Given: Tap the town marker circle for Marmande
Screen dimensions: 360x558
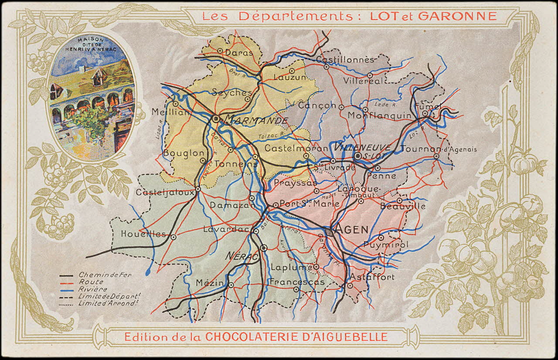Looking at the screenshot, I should coord(216,118).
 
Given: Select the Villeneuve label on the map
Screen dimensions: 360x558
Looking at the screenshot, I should coord(356,147).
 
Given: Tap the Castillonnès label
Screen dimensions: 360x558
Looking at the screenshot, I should coord(345,59).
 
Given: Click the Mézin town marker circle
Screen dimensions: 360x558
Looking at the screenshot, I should coord(231,285).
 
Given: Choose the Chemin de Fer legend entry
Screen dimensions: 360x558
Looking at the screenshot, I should coord(105,275).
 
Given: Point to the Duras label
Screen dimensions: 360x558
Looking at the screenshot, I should coord(239,52).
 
